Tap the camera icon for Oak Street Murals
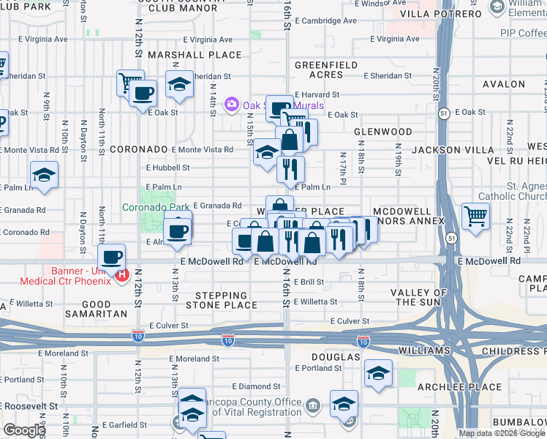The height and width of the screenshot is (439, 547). point(233,105)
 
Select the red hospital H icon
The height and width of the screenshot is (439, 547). point(122,277)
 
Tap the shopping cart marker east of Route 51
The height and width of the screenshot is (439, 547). point(476,216)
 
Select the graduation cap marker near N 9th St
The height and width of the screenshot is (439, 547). point(44,176)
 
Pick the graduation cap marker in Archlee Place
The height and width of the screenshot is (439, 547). point(378,374)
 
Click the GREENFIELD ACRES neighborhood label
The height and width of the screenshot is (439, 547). point(320,70)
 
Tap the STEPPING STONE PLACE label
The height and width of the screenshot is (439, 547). point(221,300)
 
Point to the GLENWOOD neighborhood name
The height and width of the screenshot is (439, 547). point(383,132)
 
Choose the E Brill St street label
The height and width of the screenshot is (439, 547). point(308,282)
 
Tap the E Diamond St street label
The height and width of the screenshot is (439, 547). point(256,386)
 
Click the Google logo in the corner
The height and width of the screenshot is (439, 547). point(24,430)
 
